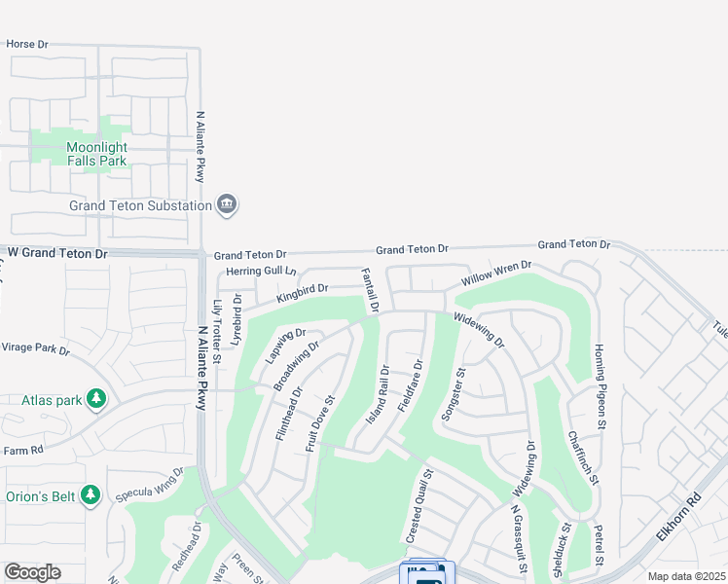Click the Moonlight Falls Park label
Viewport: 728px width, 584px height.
coord(96,154)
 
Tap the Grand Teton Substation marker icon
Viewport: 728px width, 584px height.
coord(227,204)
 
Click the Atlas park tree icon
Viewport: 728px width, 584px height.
coord(95,399)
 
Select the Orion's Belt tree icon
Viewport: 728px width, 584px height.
coord(91,495)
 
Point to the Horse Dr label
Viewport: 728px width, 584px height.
coord(27,45)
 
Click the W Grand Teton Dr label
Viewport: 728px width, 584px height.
coord(57,253)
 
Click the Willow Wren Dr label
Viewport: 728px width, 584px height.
coord(496,273)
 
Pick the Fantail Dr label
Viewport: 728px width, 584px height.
coord(369,290)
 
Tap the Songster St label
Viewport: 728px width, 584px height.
coord(455,393)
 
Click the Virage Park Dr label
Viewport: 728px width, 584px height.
coord(35,347)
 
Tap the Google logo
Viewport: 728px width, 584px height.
coord(32,572)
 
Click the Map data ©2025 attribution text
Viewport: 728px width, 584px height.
coord(686,576)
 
